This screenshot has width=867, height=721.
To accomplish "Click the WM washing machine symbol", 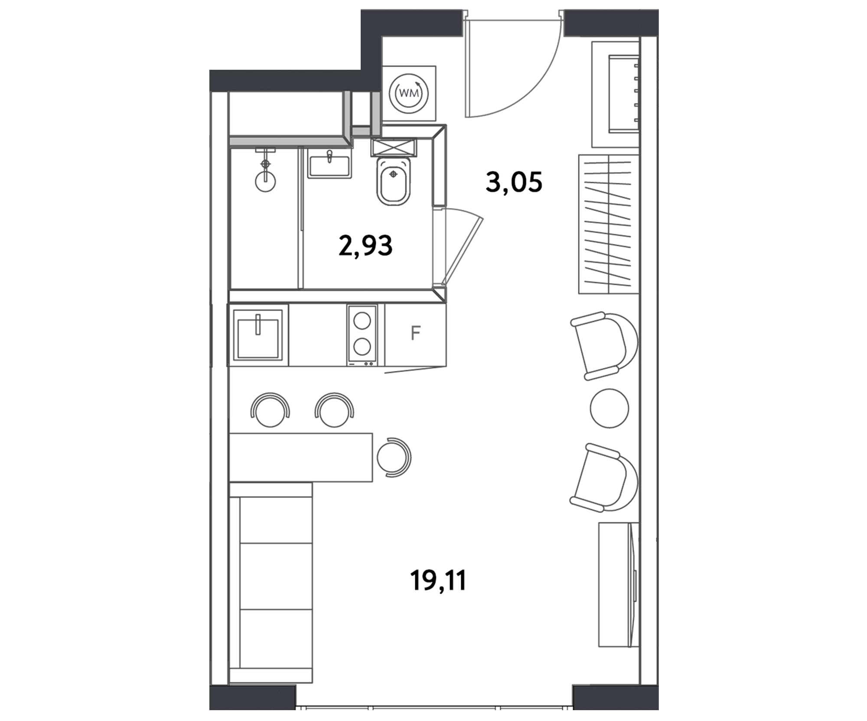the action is coord(409,93).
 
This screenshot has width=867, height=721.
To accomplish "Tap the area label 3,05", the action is coord(514,182).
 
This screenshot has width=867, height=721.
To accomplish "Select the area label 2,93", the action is coord(365,245).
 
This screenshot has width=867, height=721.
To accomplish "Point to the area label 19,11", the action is coord(438,581).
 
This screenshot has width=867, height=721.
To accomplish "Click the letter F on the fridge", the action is coord(415,333).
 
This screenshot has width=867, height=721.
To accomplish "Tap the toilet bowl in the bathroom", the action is coord(393,181).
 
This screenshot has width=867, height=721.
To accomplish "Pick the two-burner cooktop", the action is coord(362,335).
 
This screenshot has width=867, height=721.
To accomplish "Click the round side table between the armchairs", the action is coord(609,408).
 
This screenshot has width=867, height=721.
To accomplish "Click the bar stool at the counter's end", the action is coord(394,457).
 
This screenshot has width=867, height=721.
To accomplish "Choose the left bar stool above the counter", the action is coord(270,410).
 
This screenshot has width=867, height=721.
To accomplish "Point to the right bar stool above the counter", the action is coord(334,410).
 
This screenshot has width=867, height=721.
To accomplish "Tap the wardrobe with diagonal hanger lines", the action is coord(609,224).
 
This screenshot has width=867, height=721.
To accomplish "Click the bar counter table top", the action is coord(301,457).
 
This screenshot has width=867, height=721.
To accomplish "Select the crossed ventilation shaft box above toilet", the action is coord(394,147).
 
